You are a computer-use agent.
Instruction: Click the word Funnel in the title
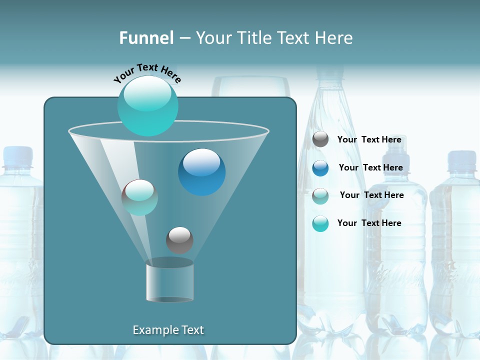(146, 37)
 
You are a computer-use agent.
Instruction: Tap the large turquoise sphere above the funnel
(147, 105)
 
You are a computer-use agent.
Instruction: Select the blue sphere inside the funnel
(201, 172)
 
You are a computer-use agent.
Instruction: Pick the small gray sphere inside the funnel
(179, 240)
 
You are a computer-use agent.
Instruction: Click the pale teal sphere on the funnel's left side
(139, 197)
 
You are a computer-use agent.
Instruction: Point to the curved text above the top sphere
(147, 73)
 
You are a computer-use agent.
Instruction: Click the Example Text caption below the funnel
(168, 330)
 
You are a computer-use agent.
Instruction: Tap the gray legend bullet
(320, 139)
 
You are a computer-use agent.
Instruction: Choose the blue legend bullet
(320, 168)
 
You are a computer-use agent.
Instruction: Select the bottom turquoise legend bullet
(320, 223)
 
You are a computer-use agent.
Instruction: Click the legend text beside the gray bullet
(369, 139)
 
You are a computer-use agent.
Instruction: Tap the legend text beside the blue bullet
(370, 167)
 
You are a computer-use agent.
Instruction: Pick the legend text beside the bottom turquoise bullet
(369, 223)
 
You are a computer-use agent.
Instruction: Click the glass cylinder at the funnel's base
(169, 280)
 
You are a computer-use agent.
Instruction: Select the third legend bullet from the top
(320, 195)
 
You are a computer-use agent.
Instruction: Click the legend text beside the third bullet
(371, 195)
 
